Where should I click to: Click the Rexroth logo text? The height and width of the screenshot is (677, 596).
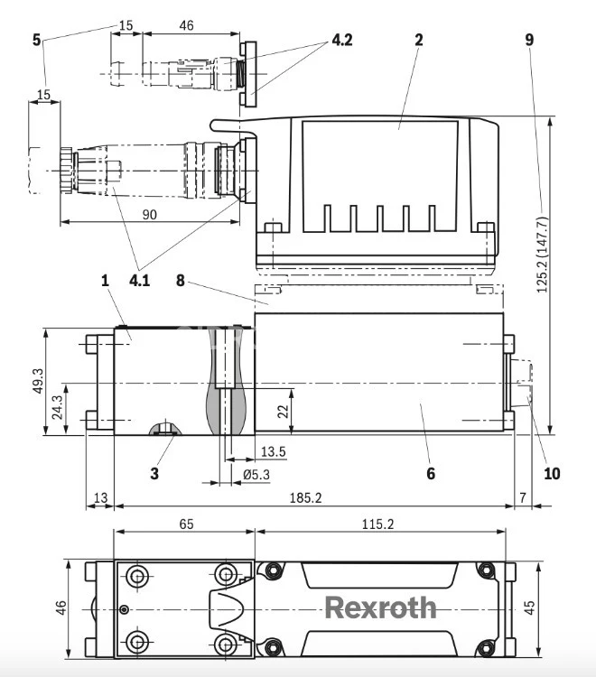380,607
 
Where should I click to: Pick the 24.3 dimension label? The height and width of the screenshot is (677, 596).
56,409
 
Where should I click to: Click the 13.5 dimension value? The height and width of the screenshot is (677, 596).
273,451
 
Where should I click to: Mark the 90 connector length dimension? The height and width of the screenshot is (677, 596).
149,214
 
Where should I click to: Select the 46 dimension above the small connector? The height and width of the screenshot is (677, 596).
186,26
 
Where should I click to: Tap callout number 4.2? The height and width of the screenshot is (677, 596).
342,40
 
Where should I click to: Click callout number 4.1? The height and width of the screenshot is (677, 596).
139,280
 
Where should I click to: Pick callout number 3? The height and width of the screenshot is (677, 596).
154,472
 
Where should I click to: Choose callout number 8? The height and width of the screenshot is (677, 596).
181,280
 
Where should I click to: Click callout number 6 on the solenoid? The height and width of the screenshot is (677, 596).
431,472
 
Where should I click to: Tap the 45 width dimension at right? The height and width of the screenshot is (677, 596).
530,608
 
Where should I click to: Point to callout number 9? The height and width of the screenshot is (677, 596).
528,40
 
